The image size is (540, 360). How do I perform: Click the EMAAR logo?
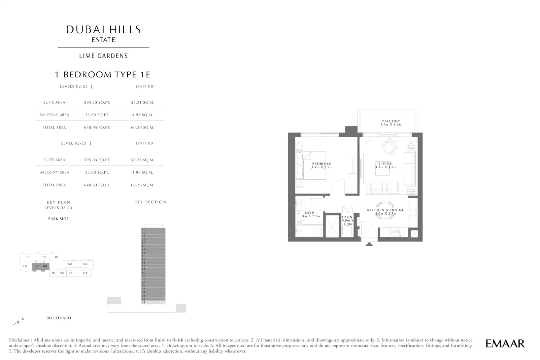coord(505,344)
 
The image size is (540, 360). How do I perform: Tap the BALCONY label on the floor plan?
coord(391,121)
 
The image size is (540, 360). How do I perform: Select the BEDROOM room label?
coord(322,164)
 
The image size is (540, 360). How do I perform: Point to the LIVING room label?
coord(386,164)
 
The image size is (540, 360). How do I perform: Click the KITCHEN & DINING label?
coord(386,210)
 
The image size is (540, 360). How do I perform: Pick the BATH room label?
coord(309,213)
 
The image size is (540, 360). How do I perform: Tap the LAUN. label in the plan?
coord(347,217)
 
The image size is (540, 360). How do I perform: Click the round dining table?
coord(385,211)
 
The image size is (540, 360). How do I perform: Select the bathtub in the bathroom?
coord(309,231)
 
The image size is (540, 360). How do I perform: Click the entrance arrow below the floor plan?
coord(369,244)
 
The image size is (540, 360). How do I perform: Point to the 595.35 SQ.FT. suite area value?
coord(97,102)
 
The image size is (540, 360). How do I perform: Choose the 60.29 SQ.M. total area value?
coord(142,128)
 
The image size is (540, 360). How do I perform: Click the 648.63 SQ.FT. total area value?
coord(97,185)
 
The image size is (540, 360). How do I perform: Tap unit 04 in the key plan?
coord(85,273)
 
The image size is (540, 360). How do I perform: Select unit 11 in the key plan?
coord(28,257)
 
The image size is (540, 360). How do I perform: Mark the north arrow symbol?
coord(16,323)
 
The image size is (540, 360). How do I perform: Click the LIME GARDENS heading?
coord(104,56)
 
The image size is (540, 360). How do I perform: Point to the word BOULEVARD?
coord(59,318)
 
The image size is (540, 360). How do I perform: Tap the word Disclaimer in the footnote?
coord(20,340)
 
